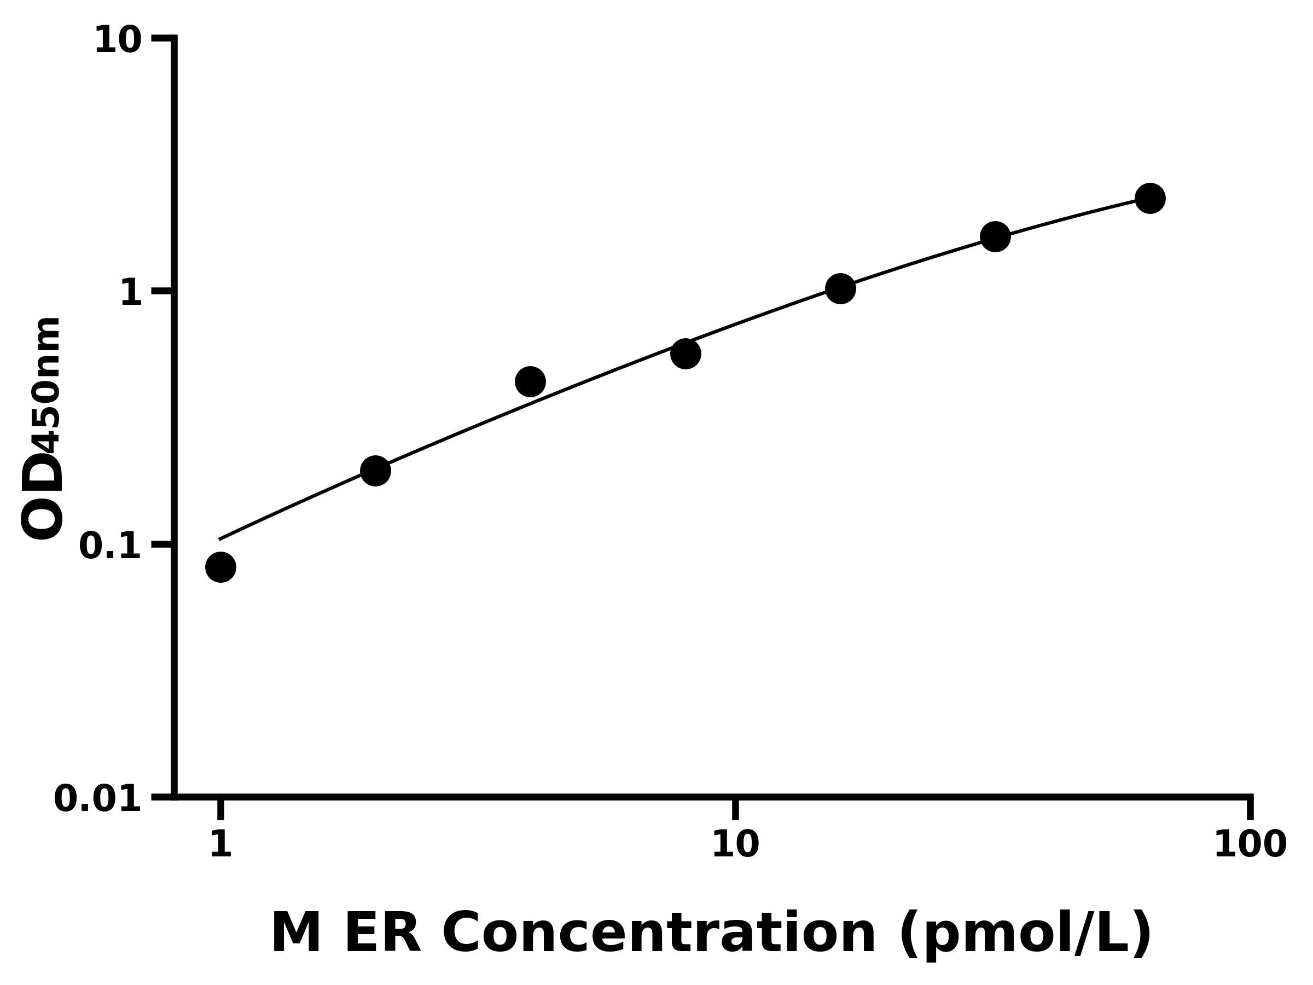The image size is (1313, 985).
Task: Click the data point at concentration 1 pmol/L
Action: click(x=221, y=567)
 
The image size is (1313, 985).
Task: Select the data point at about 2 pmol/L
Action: click(x=375, y=471)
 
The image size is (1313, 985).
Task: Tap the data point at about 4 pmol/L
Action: click(x=530, y=381)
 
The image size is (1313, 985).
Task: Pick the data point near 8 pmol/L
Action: click(x=685, y=354)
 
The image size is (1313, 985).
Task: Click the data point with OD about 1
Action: click(x=840, y=288)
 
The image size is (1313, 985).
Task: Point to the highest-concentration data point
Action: click(x=1151, y=198)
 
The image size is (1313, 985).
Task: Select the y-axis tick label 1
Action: click(x=131, y=293)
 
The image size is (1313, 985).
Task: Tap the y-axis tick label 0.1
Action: click(x=111, y=546)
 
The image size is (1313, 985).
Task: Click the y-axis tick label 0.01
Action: click(x=98, y=799)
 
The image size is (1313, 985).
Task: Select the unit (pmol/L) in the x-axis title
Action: click(x=1025, y=935)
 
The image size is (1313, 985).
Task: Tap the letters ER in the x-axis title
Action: click(x=382, y=934)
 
